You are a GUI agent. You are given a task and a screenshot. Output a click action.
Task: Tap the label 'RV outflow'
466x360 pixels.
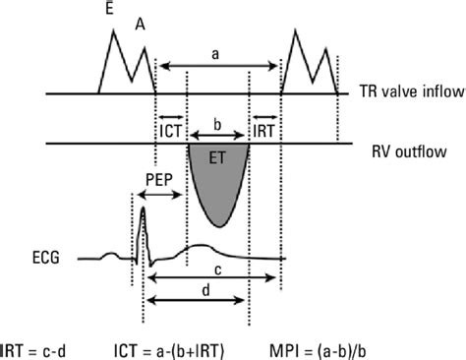[406, 151]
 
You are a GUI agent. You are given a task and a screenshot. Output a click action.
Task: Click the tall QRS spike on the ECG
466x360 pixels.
[142, 216]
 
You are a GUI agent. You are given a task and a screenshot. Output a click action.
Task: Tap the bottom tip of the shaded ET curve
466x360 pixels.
[217, 225]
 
